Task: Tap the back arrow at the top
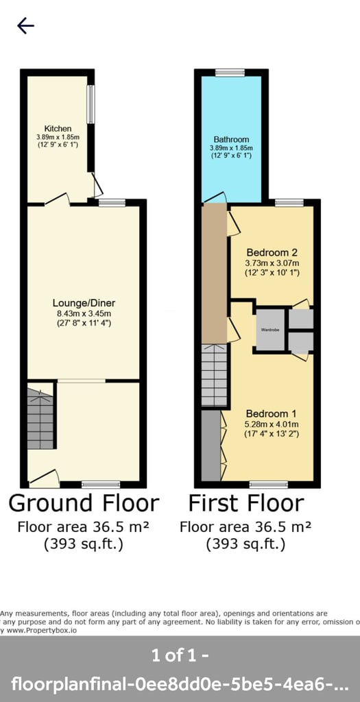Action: click(25, 26)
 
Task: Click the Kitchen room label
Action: click(58, 129)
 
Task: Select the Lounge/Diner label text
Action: click(82, 302)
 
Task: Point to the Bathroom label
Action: click(231, 139)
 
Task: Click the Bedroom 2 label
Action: click(272, 252)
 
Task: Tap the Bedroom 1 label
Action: click(272, 413)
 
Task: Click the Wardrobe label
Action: click(269, 330)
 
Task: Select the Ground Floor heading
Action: click(84, 503)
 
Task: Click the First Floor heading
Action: click(245, 503)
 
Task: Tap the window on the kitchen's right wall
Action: click(90, 104)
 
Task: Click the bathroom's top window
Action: click(230, 72)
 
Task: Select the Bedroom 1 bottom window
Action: click(268, 484)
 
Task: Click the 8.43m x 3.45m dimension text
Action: click(82, 314)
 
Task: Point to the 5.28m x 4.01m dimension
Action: click(272, 424)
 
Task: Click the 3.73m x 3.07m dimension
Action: click(272, 263)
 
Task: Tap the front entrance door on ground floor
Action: click(44, 477)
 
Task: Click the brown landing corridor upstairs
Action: click(215, 274)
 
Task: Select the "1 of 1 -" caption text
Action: click(180, 655)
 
